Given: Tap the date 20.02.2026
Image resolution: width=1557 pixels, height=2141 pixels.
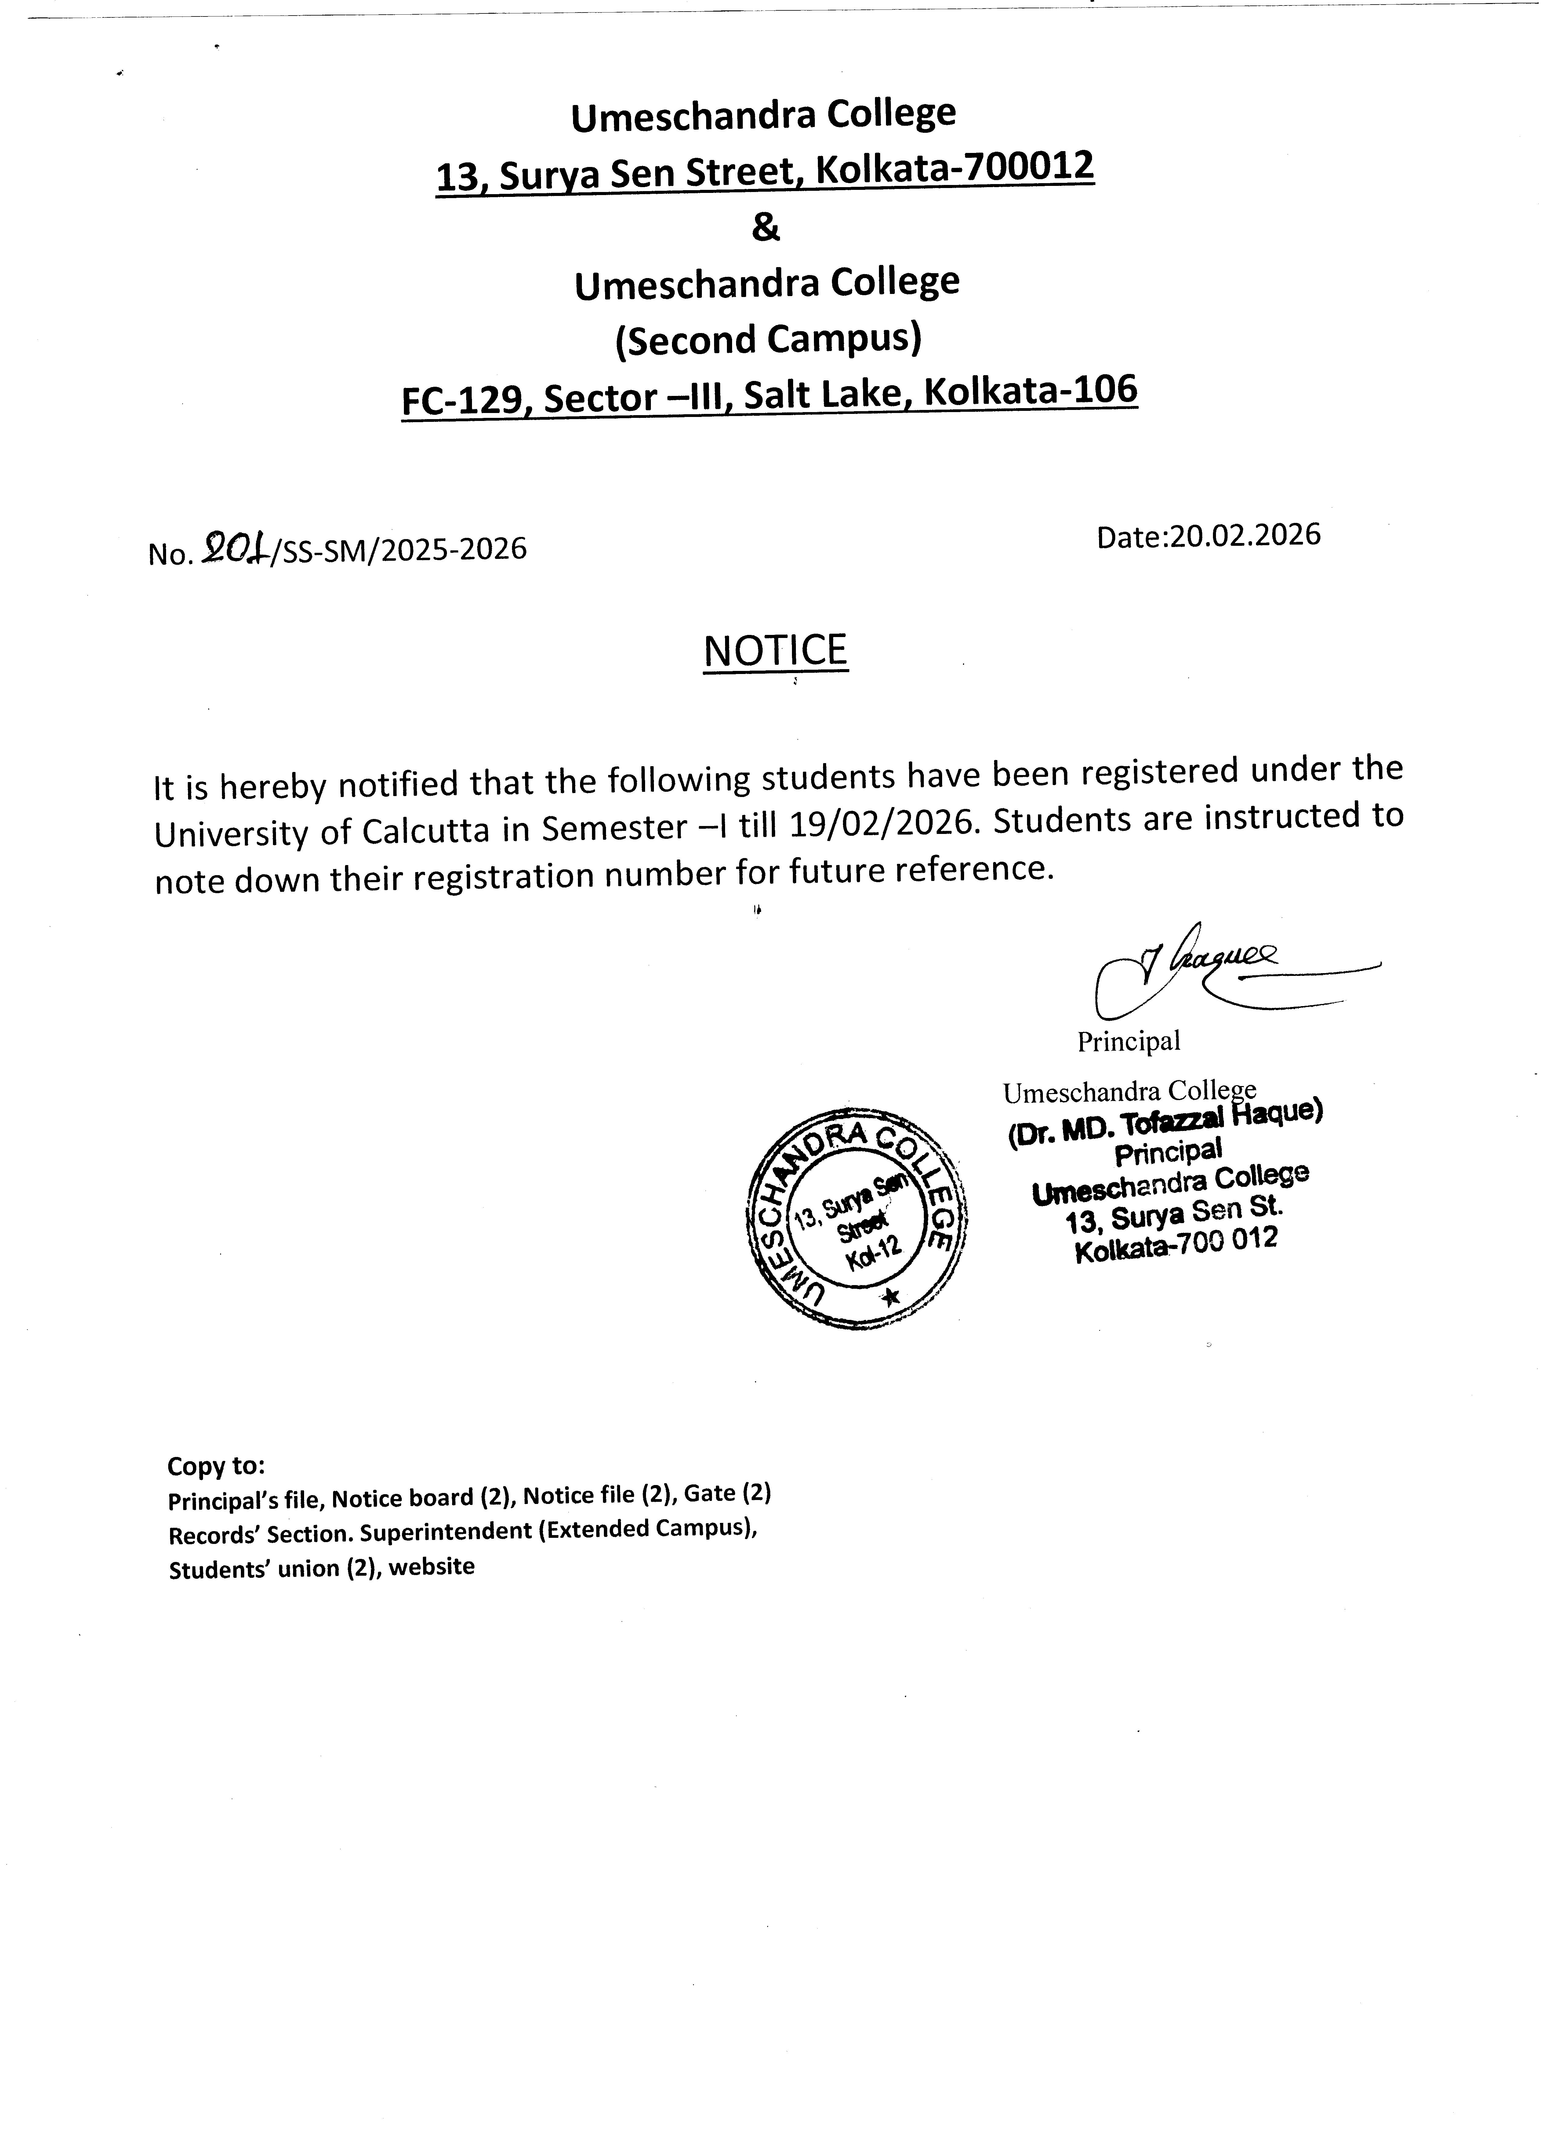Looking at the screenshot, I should (1243, 535).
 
